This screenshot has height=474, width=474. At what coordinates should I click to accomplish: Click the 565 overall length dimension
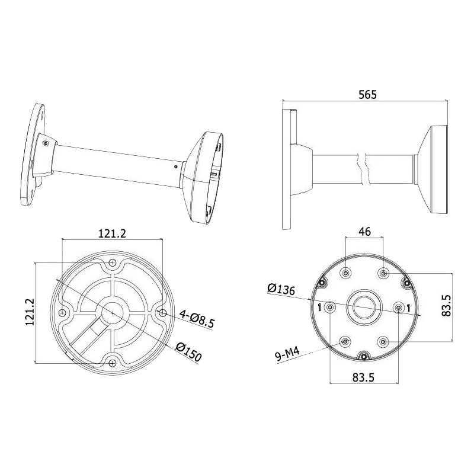tap(367, 95)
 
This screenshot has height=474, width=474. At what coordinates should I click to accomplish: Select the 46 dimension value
tap(364, 231)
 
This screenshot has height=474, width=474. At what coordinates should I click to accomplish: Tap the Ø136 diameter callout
tap(281, 289)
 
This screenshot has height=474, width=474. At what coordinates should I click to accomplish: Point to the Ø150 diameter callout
tap(188, 352)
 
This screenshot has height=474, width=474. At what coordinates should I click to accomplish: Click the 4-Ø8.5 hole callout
tap(197, 319)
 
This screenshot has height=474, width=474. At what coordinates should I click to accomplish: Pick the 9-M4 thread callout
tap(287, 354)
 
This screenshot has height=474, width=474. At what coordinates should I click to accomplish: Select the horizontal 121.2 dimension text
tap(112, 233)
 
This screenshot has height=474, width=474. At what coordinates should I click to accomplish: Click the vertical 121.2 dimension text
tap(30, 312)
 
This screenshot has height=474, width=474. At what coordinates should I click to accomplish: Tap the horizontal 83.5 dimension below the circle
tap(363, 377)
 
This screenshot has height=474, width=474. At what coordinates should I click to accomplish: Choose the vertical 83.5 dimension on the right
tap(447, 306)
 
